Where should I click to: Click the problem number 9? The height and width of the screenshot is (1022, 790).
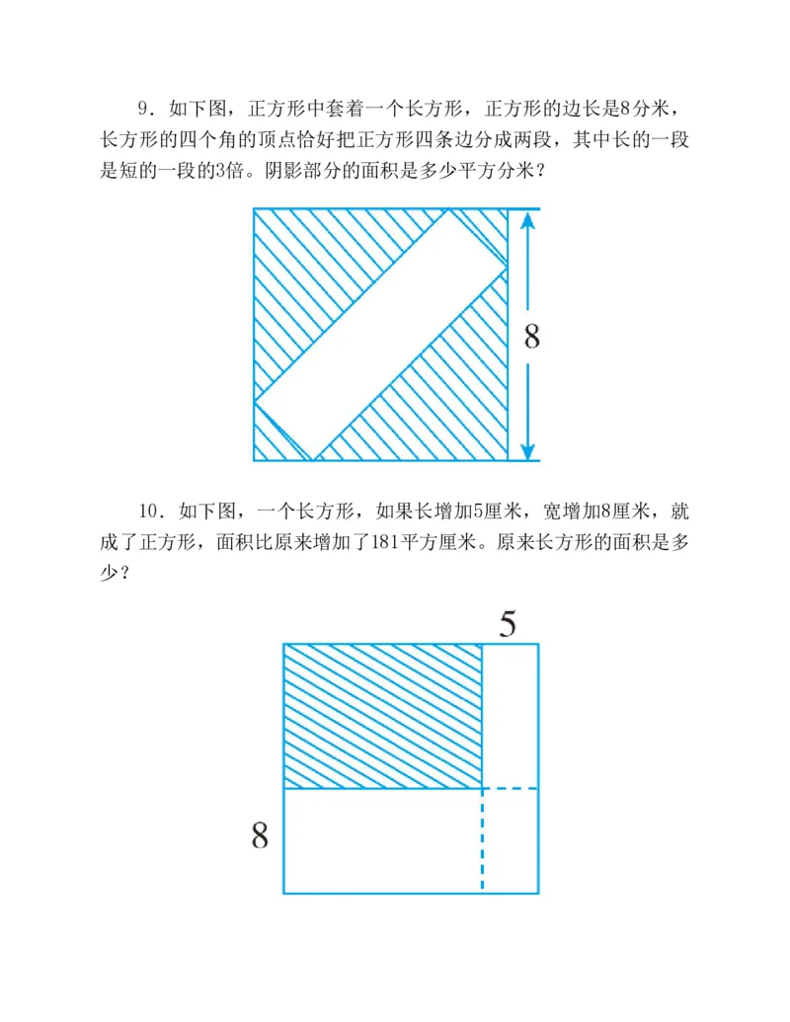tap(142, 109)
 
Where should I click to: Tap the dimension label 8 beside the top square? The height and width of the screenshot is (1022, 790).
tap(531, 338)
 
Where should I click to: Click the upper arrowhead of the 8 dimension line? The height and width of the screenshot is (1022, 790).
tap(528, 221)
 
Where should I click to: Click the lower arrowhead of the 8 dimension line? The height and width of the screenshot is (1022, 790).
tap(528, 449)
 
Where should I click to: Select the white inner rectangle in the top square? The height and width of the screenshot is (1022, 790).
tap(381, 336)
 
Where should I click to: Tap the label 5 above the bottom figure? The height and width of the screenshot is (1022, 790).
tap(508, 625)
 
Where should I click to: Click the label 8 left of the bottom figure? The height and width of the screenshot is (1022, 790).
tap(260, 837)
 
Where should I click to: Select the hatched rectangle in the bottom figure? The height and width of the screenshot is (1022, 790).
tap(382, 716)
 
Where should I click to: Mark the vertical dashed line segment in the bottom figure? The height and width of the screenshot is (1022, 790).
tap(482, 839)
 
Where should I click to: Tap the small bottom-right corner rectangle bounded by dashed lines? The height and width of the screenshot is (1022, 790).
tap(510, 840)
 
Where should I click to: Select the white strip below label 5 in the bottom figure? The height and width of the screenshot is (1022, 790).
tap(510, 716)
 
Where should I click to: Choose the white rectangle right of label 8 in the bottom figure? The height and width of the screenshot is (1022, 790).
tap(382, 840)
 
